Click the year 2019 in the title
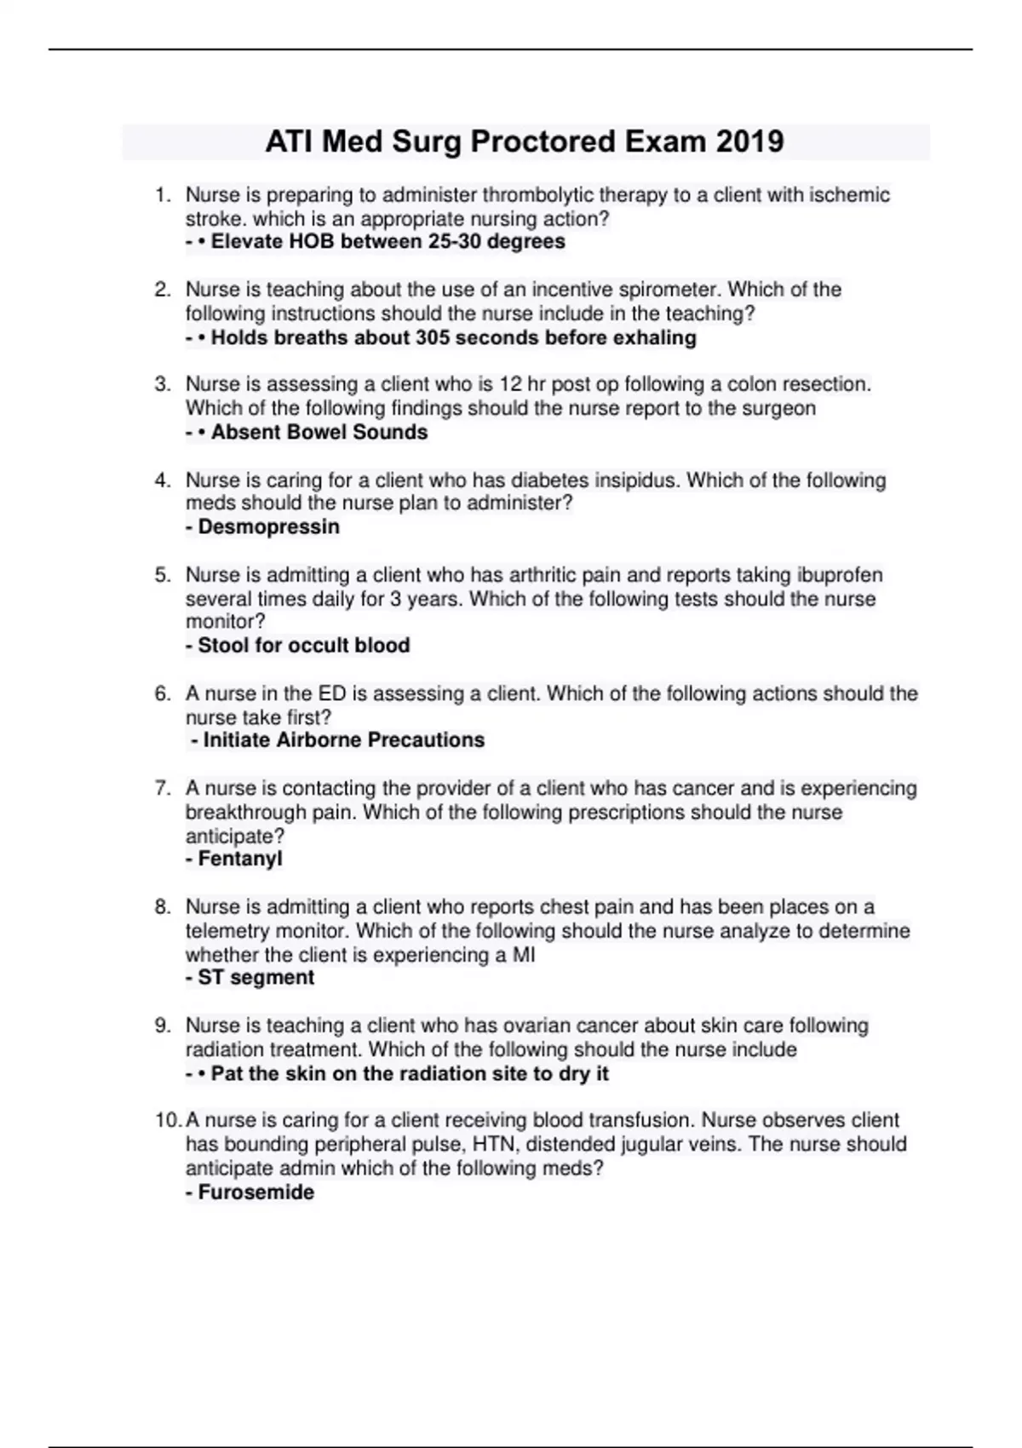click(x=749, y=141)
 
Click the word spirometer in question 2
click(x=666, y=290)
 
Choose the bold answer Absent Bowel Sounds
click(x=319, y=433)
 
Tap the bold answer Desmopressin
click(x=268, y=527)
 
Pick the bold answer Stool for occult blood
click(x=303, y=646)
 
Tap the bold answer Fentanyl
click(x=239, y=859)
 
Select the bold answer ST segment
click(x=255, y=978)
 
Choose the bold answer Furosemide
click(x=255, y=1192)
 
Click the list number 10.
click(x=166, y=1120)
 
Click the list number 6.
click(x=163, y=694)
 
